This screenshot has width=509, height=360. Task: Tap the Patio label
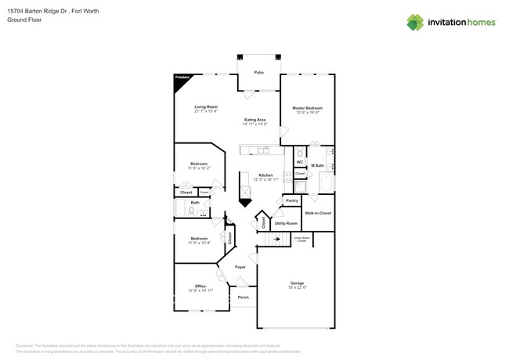pos(258,73)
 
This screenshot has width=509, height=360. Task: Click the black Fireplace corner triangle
pos(179,81)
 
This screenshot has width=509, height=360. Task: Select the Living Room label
pos(206,106)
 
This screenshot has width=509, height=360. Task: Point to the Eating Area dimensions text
pos(255,124)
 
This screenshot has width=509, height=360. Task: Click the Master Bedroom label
pos(308,108)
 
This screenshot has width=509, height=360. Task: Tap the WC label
pos(299,161)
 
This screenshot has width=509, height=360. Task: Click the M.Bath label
pos(318,166)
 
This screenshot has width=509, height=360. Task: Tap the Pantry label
pos(291,200)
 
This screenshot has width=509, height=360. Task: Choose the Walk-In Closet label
pos(317,213)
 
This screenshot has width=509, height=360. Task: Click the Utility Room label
pos(285,223)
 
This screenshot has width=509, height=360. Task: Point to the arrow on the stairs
pos(276,239)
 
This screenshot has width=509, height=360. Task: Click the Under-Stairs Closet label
pos(301,240)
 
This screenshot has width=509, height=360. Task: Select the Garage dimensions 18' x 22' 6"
pos(297,287)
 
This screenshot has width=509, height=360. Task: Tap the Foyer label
pos(240,267)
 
